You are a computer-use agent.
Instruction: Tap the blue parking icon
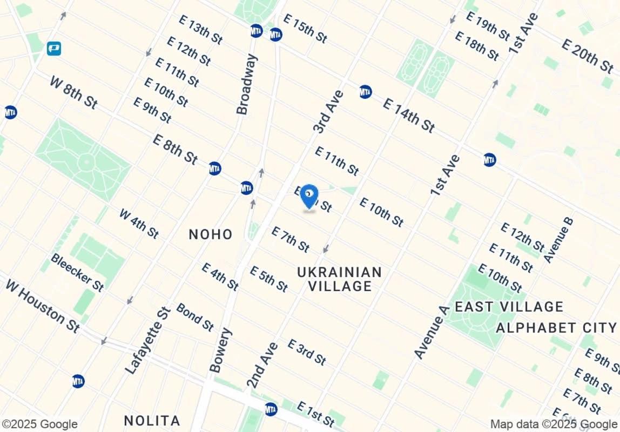[x=53, y=49]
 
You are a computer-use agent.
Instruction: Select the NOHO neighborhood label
[x=211, y=234]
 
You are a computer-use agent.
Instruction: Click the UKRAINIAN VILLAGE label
[x=340, y=279]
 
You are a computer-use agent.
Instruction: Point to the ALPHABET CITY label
[x=556, y=328]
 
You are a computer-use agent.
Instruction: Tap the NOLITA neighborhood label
[x=152, y=420]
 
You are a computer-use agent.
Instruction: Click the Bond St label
[x=195, y=317]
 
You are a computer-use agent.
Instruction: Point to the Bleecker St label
[x=77, y=272]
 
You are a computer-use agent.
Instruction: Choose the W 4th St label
[x=138, y=223]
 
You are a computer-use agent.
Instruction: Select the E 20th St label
[x=587, y=56]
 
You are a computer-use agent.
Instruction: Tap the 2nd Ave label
[x=262, y=365]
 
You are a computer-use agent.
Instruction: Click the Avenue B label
[x=558, y=240]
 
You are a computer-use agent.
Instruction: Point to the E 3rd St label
[x=307, y=352]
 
